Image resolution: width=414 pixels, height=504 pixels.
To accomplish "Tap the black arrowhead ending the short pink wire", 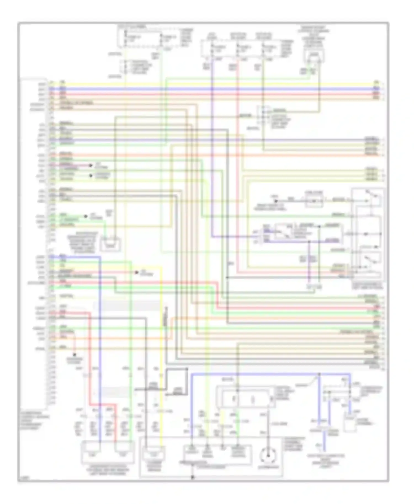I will (91, 165).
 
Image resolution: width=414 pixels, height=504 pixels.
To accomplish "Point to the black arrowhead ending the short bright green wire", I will (86, 216).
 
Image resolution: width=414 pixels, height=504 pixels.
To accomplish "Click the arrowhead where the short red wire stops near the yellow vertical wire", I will (136, 272).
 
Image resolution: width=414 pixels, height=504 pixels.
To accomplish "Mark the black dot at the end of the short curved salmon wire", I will (74, 355).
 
